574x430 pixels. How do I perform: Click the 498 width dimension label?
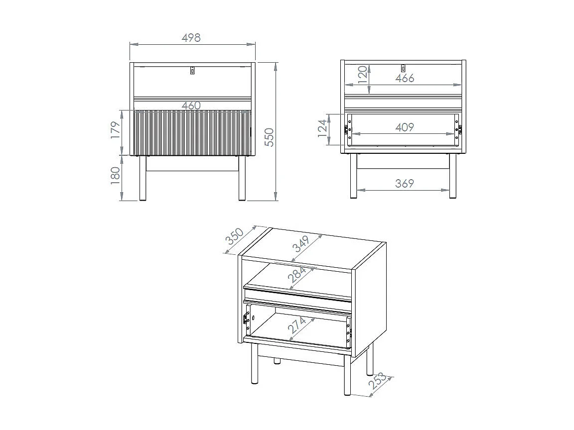(191, 37)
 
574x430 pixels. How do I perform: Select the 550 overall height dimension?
(269, 137)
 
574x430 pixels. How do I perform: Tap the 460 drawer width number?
(191, 106)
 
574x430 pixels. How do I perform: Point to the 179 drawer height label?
(115, 130)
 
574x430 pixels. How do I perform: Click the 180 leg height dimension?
(115, 175)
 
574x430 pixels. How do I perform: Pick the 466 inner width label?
(405, 78)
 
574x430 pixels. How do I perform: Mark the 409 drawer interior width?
(405, 127)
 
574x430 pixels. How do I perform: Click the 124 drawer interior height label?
(322, 128)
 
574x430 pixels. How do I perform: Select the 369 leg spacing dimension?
(405, 183)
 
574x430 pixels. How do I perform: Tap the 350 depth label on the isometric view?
(234, 236)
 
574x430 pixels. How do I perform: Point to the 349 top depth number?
(302, 243)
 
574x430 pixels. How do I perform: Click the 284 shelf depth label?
(296, 275)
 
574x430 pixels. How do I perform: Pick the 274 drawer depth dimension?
(297, 325)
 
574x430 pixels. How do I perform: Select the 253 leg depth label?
(377, 381)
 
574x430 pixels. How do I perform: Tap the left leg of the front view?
(143, 178)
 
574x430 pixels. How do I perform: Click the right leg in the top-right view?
(453, 176)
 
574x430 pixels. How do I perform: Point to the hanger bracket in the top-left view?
(192, 70)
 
